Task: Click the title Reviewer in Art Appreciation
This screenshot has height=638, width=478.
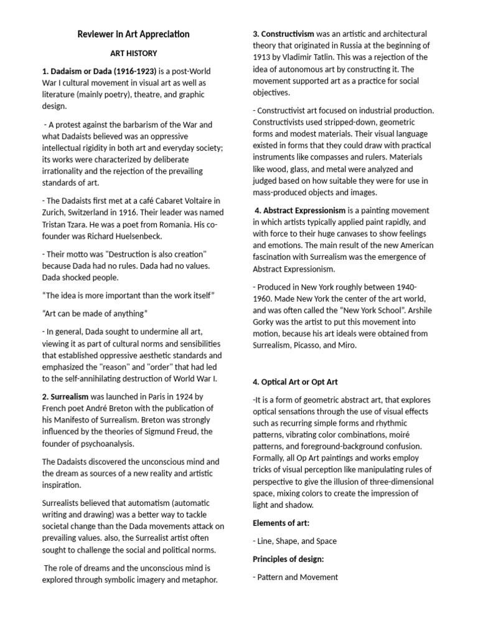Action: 133,34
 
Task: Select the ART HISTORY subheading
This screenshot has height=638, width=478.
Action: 133,54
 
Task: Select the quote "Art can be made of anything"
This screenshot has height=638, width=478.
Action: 95,313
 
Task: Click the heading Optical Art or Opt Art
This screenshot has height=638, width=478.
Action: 296,381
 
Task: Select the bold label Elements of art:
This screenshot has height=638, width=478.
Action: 282,522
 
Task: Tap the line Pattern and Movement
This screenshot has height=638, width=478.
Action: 295,577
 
